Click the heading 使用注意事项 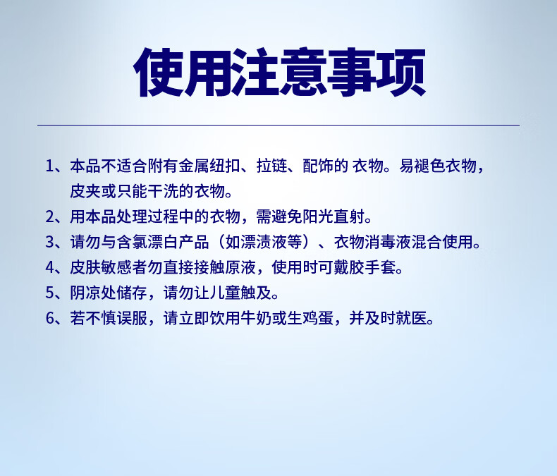(279, 72)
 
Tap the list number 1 (50, 166)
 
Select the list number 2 (50, 216)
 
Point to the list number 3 (50, 243)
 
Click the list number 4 (50, 267)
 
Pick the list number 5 (50, 293)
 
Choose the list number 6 (50, 318)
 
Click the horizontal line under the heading (278, 125)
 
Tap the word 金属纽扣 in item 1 (209, 166)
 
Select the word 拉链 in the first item (271, 166)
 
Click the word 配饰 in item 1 (318, 166)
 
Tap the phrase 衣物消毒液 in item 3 (372, 243)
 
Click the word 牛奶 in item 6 (256, 318)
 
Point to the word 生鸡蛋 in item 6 (310, 318)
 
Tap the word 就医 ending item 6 (411, 318)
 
